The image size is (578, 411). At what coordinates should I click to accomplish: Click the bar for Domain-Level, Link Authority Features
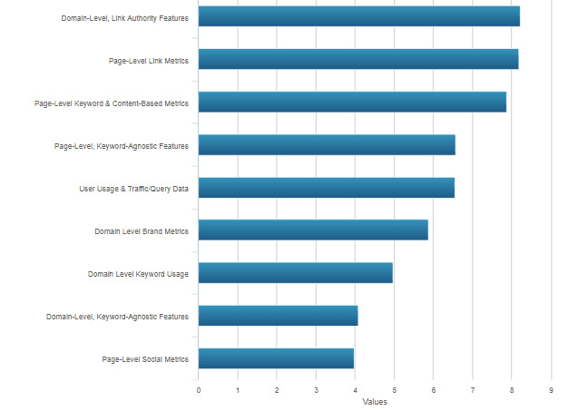point(358,17)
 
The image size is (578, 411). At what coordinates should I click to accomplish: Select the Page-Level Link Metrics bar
point(358,60)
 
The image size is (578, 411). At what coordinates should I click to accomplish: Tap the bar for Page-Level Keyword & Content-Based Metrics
point(352,103)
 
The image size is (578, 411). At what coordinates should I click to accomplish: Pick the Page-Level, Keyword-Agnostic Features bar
point(327,145)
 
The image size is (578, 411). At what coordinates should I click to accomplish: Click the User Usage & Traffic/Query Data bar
point(326,188)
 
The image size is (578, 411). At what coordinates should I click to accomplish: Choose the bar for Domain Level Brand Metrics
point(313,230)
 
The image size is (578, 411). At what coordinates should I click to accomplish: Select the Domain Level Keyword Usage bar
point(295,273)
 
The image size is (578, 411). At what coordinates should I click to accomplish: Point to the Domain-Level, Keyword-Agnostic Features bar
point(278,316)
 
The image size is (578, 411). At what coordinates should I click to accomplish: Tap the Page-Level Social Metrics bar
point(276,358)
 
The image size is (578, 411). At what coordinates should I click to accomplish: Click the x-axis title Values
point(375,401)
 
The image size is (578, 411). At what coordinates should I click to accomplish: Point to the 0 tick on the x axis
point(199,390)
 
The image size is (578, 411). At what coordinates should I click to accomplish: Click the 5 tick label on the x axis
point(394,390)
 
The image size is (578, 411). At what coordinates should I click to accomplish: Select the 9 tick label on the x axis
point(551,390)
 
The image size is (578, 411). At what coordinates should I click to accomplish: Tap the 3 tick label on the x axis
point(316,390)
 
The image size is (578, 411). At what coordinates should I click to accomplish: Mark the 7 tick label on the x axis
point(473,390)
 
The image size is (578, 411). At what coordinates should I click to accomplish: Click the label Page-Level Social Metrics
point(145,359)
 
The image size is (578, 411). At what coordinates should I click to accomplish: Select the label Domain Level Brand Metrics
point(142,231)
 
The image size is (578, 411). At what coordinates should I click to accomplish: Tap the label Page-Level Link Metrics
point(149,61)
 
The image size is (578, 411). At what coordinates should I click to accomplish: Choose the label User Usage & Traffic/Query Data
point(134,189)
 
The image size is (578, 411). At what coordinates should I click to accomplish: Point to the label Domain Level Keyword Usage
point(138,274)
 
